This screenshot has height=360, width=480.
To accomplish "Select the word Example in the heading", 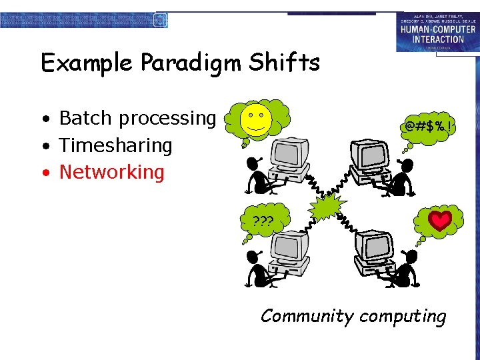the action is (x=88, y=63).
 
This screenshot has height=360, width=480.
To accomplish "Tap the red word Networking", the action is (x=111, y=172).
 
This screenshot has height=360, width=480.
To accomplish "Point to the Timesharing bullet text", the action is (x=115, y=145).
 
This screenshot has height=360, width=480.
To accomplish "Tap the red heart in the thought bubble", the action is (x=440, y=221).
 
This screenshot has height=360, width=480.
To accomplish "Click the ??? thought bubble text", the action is (x=263, y=221).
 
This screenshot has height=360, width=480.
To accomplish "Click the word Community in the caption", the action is (x=307, y=315).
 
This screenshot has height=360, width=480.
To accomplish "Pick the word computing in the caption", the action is (x=402, y=317).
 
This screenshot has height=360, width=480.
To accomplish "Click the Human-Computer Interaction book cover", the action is (x=437, y=31).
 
